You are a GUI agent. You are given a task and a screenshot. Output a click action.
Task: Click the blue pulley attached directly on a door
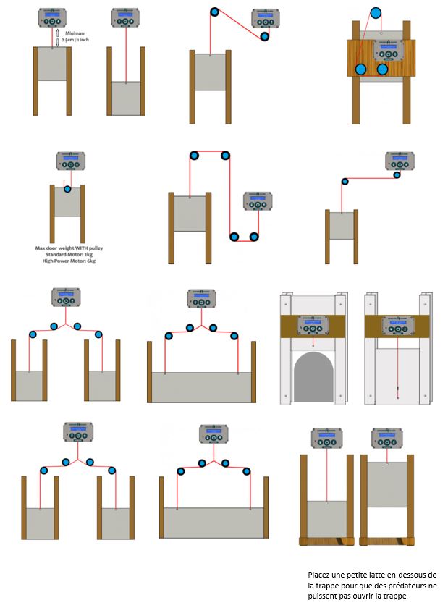(67, 190)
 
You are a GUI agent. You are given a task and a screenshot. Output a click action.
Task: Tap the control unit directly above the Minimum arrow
(51, 17)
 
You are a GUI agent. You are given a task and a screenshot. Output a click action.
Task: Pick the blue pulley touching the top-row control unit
(265, 36)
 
